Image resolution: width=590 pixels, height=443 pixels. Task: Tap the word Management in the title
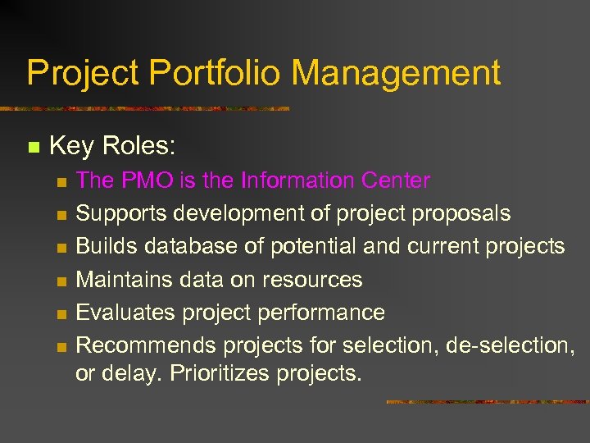(x=396, y=73)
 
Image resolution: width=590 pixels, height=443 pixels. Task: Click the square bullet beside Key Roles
(x=33, y=148)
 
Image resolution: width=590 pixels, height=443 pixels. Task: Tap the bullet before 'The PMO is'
(x=61, y=181)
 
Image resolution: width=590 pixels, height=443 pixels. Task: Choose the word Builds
(x=107, y=247)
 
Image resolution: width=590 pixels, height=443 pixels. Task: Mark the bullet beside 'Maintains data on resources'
(x=61, y=281)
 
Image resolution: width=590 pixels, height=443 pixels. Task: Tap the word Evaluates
(x=125, y=313)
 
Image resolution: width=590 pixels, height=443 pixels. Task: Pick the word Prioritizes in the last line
(x=220, y=373)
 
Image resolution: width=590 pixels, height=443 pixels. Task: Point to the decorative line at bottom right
(x=487, y=402)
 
